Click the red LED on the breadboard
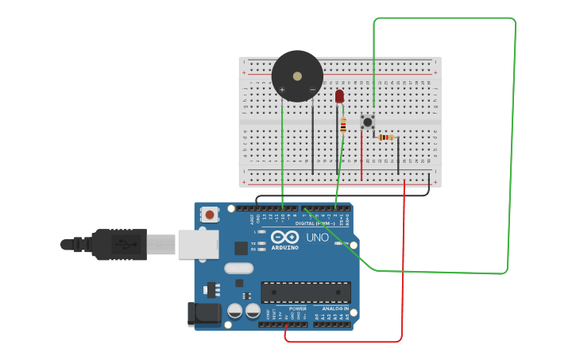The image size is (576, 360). click(339, 96)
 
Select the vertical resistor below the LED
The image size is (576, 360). click(343, 126)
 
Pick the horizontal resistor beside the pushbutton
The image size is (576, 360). click(386, 137)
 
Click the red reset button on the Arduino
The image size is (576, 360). click(210, 214)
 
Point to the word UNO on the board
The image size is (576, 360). click(317, 238)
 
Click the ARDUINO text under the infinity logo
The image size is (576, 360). click(285, 247)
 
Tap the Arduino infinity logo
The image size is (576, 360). click(284, 237)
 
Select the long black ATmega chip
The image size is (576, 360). click(305, 292)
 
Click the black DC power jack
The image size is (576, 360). click(203, 314)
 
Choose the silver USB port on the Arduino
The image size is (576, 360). click(198, 244)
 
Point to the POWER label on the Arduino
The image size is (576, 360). click(297, 308)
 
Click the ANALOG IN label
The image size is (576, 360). click(335, 308)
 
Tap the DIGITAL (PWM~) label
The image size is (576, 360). click(314, 223)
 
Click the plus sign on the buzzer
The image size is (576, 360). click(282, 89)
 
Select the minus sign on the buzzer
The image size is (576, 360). click(312, 89)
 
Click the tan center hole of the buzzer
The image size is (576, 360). click(297, 76)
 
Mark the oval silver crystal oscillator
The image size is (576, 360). click(238, 268)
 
